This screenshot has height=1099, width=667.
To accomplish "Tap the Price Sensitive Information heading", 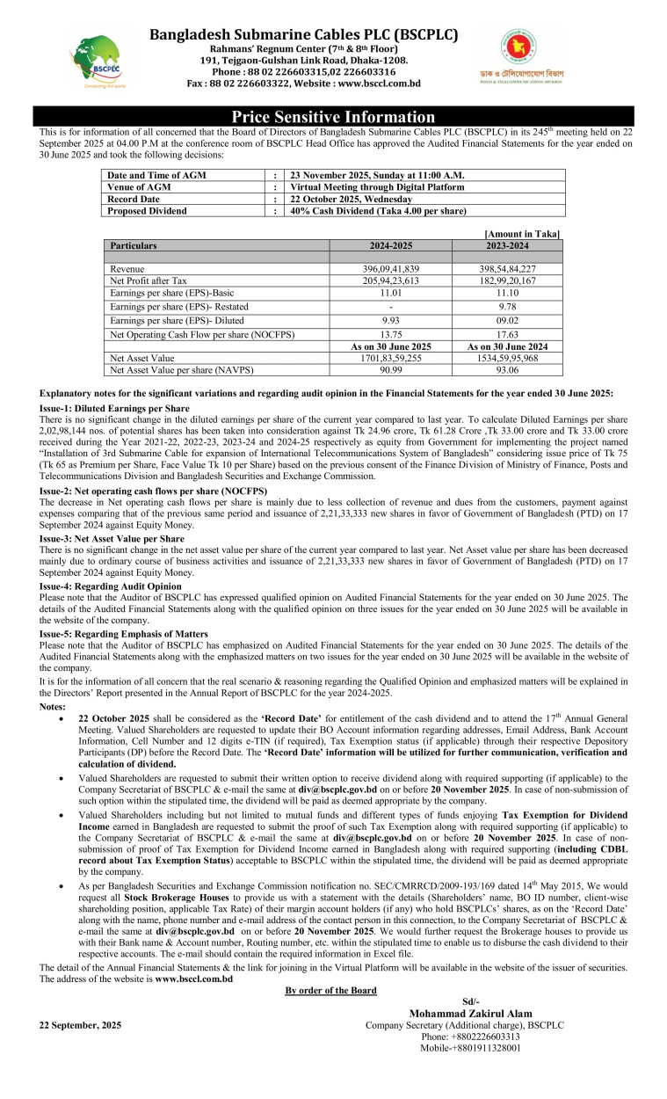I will point(333,117).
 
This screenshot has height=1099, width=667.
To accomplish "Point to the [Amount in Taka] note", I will point(523,233).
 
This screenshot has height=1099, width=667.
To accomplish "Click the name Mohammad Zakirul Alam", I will point(470,1014).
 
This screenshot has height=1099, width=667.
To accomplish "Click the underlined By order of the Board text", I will point(331,991).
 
